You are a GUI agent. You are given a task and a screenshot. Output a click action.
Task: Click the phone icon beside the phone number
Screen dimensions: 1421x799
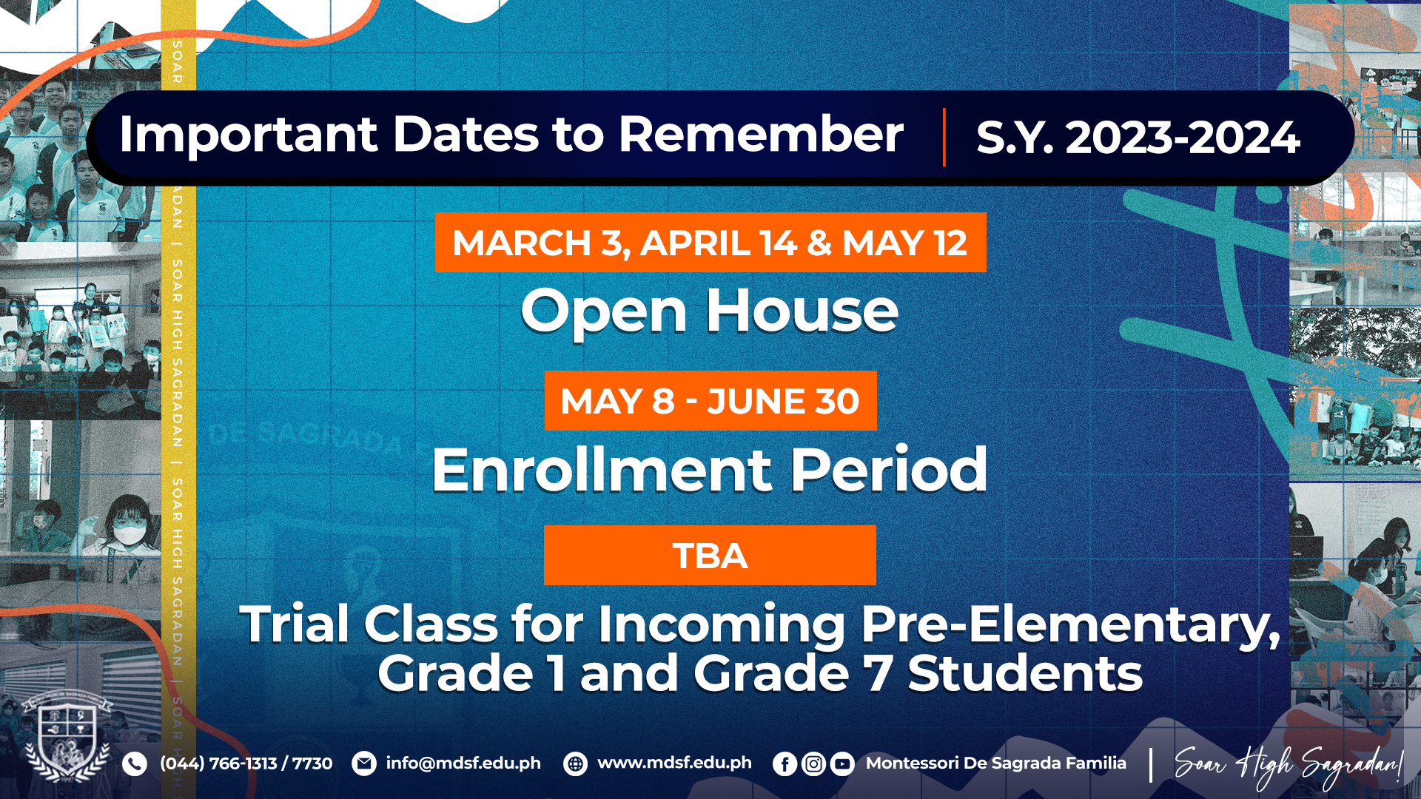(134, 763)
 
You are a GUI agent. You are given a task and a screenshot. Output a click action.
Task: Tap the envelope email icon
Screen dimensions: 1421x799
(363, 763)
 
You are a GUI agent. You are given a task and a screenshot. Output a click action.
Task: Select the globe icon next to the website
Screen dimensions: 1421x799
(575, 763)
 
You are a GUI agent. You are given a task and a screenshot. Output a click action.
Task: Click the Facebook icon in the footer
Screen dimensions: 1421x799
(785, 763)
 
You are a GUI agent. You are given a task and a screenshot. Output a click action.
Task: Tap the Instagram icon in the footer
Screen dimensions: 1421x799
(813, 763)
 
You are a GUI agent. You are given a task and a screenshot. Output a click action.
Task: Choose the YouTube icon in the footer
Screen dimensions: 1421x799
(842, 763)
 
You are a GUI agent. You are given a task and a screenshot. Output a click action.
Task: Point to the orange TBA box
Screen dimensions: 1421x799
(710, 556)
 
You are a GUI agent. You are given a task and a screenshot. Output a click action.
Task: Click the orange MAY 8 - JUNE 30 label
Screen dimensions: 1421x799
(710, 401)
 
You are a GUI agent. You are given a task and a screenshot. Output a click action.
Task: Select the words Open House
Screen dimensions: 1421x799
(710, 311)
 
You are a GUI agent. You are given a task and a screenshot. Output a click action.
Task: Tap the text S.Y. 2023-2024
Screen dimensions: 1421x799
(1138, 138)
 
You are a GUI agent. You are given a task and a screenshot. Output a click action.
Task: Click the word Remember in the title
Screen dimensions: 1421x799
(761, 135)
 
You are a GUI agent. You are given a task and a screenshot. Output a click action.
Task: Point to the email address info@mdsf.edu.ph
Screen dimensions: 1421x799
(463, 763)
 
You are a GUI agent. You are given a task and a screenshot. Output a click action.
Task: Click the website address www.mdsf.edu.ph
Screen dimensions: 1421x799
(674, 763)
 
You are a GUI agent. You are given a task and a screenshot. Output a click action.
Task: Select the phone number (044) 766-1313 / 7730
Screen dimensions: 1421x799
(246, 763)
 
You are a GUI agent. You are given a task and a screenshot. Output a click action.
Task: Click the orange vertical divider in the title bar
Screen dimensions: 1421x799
(944, 138)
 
